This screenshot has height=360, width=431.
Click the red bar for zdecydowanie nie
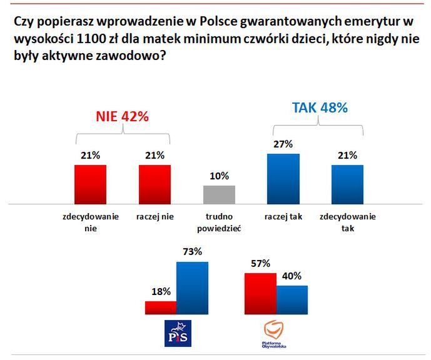click(x=90, y=184)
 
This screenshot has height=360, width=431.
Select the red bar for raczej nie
click(x=155, y=184)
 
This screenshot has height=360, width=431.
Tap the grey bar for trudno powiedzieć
click(x=219, y=194)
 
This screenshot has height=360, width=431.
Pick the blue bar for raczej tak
click(x=283, y=178)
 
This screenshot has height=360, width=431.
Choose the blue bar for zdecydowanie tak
click(x=347, y=184)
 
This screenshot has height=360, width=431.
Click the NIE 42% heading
click(x=122, y=117)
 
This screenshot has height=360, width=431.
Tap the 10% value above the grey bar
click(x=219, y=176)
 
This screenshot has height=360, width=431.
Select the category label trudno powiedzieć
click(x=219, y=222)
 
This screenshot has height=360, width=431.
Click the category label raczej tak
click(x=283, y=217)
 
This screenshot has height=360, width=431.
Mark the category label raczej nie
click(x=155, y=217)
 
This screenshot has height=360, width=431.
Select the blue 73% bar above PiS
click(x=192, y=288)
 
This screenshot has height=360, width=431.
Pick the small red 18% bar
click(x=160, y=307)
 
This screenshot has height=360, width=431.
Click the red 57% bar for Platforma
click(x=260, y=294)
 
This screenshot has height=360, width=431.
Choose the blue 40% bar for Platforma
click(x=292, y=299)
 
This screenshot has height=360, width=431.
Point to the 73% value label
click(x=192, y=252)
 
